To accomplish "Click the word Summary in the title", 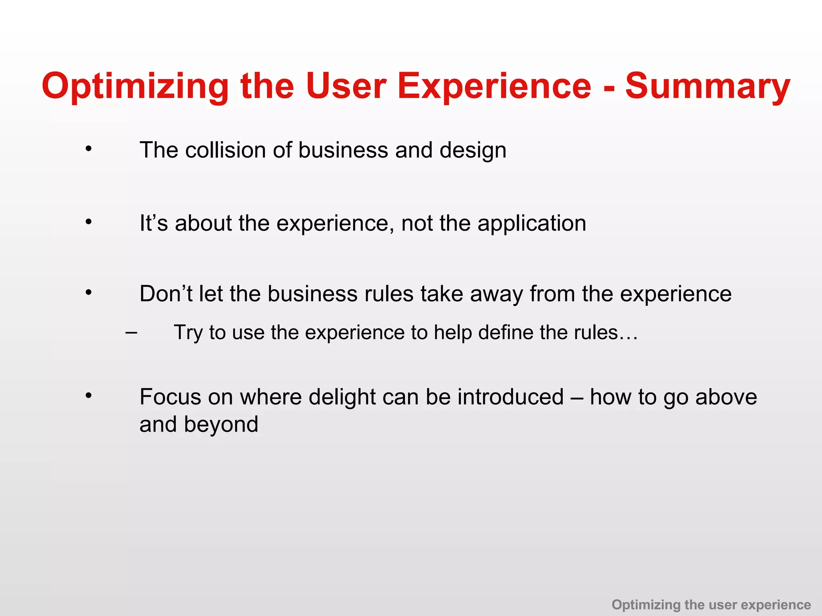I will tap(708, 86).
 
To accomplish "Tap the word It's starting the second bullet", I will tap(153, 223).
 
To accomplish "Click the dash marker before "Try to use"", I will tap(131, 332).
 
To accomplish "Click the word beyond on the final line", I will tap(221, 425).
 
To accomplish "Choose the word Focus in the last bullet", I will tap(170, 397).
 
